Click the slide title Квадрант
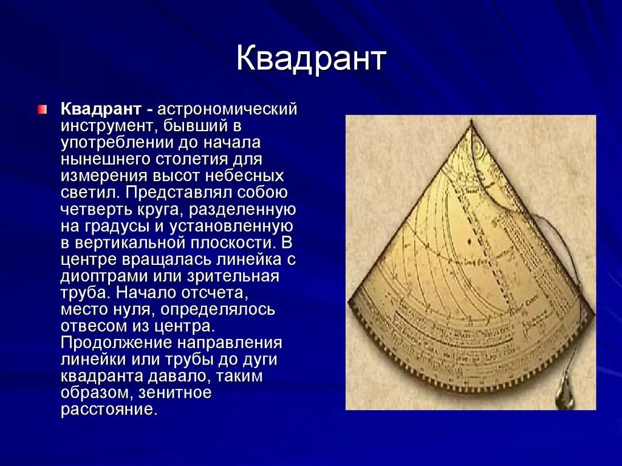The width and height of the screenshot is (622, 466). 310,60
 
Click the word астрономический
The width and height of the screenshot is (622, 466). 228,110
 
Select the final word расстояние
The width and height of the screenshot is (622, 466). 108,409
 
